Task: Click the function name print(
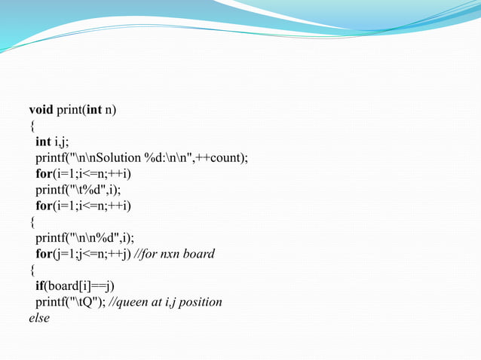71,110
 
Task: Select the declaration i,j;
60,142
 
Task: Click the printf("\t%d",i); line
78,189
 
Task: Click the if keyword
39,286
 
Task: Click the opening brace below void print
32,126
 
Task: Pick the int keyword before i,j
43,142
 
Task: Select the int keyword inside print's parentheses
94,110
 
